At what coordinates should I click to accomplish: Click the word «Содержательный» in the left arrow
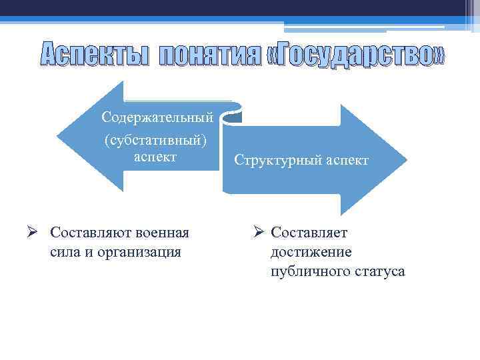[x=157, y=117]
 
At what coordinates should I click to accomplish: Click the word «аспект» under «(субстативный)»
[x=155, y=157]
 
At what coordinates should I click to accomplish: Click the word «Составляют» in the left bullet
[x=91, y=233]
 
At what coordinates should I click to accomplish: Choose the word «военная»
[x=163, y=233]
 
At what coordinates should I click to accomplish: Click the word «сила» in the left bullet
[x=63, y=252]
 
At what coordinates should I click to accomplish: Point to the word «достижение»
[x=311, y=252]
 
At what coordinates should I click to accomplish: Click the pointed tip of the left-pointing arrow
[x=58, y=136]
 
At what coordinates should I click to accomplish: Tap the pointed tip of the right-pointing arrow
[x=406, y=160]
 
